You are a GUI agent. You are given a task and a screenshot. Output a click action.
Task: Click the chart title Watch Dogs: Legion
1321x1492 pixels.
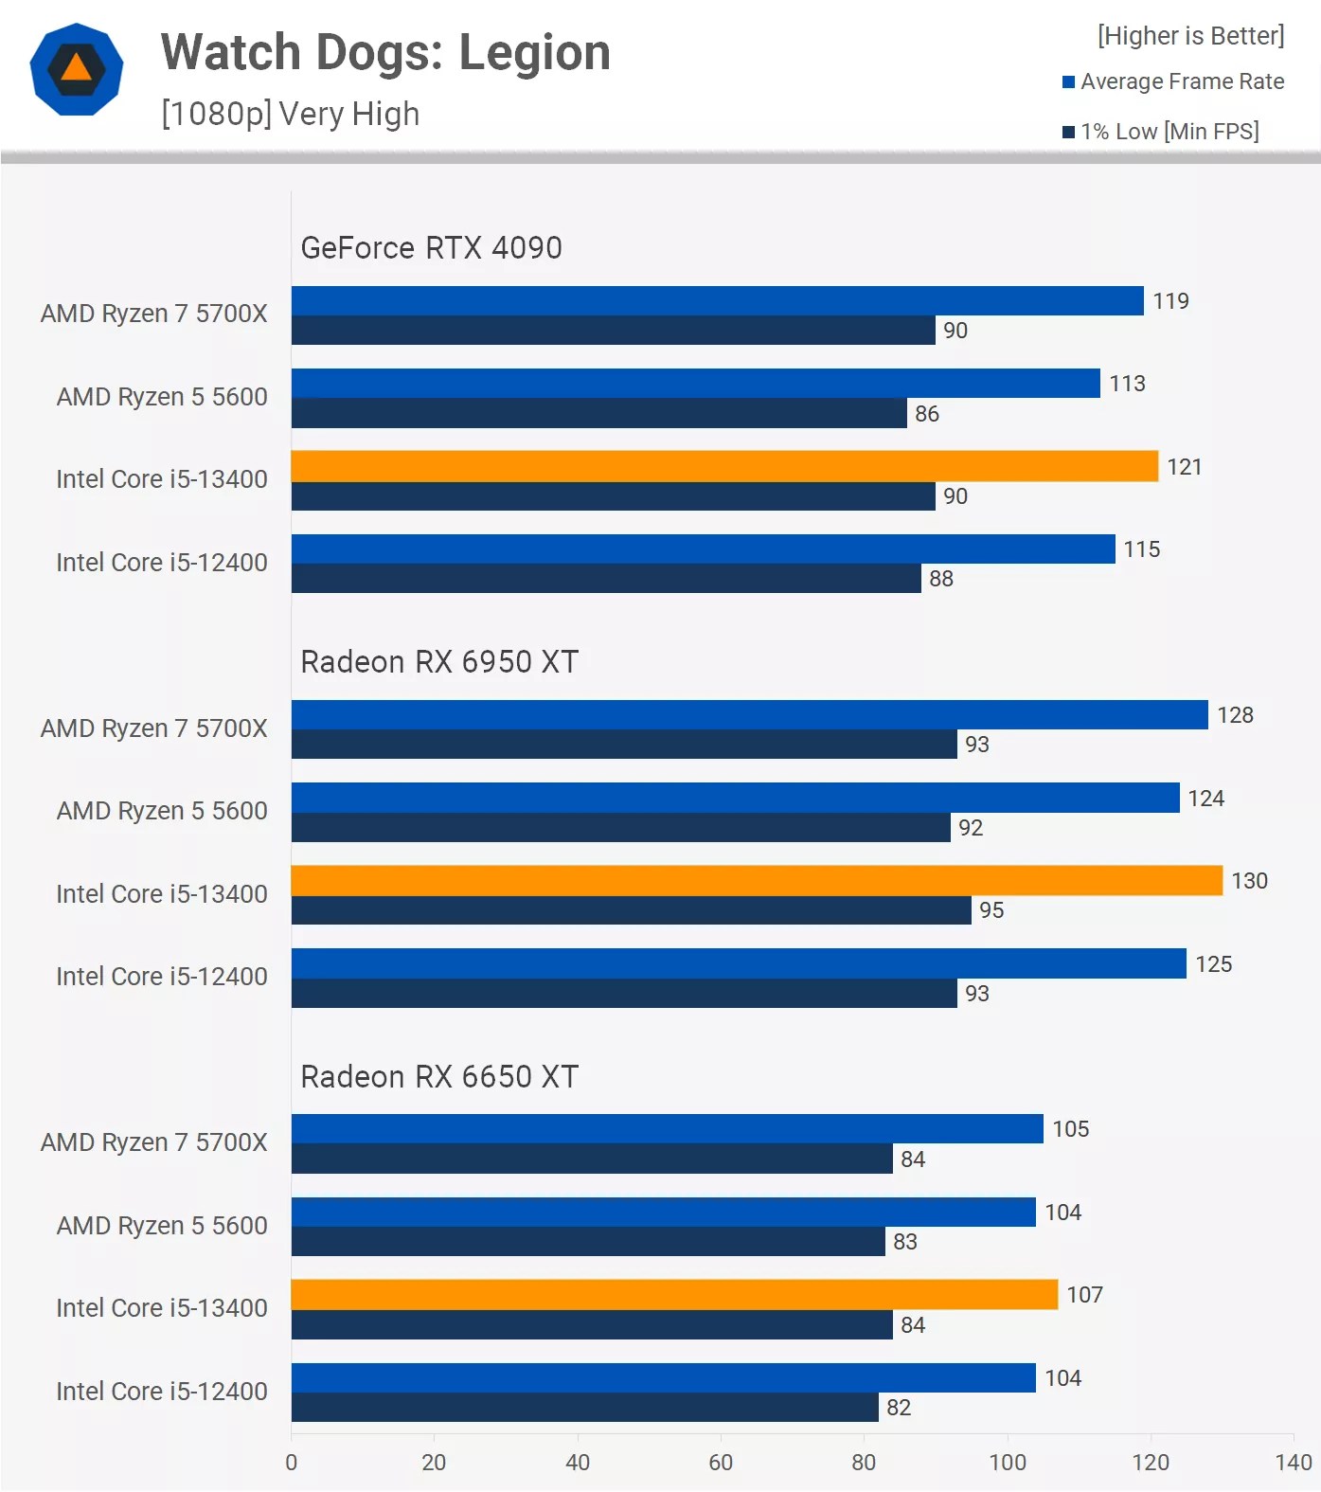point(385,53)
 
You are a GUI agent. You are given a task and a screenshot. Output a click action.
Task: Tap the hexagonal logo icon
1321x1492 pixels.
point(77,69)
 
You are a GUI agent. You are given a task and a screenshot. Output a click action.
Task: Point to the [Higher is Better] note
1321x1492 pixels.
point(1190,36)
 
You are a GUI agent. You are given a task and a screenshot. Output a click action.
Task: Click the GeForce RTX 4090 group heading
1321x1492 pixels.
point(431,248)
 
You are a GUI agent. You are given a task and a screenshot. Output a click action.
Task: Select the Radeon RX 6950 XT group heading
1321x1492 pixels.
point(439,662)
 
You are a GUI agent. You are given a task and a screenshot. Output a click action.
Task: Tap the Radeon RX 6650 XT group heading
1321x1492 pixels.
point(439,1077)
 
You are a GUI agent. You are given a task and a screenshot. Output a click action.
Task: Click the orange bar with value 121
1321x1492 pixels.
point(724,466)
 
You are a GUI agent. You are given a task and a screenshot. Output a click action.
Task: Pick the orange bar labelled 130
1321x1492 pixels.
point(757,880)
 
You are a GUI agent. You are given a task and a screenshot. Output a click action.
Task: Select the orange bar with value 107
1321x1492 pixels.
point(674,1295)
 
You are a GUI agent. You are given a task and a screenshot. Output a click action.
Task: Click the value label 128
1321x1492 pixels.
point(1235,715)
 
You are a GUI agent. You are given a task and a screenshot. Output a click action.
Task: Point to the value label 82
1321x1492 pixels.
point(899,1408)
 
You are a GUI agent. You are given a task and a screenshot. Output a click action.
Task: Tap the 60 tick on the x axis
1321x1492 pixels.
point(721,1463)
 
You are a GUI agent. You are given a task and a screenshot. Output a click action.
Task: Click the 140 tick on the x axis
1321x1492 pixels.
point(1294,1463)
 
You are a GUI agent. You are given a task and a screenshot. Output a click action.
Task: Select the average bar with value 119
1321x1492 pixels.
point(717,301)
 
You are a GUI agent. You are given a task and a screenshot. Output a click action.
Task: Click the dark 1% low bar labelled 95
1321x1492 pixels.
point(631,910)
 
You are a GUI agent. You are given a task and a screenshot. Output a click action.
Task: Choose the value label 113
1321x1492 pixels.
point(1127,384)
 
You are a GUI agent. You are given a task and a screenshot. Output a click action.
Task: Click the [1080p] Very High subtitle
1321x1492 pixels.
point(290,115)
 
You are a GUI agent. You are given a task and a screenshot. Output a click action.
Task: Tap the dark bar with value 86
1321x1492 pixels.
point(598,413)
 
